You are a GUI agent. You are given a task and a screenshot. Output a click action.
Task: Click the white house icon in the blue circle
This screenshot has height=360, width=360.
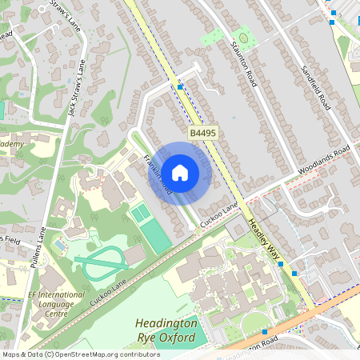click(x=180, y=172)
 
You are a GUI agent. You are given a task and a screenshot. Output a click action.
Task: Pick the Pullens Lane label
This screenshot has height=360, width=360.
click(x=42, y=257)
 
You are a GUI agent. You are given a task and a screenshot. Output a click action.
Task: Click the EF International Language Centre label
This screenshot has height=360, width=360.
click(x=58, y=304)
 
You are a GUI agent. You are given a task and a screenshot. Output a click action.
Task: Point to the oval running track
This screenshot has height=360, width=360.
click(x=99, y=261)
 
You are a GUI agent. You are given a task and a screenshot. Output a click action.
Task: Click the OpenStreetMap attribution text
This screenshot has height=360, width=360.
click(x=80, y=354)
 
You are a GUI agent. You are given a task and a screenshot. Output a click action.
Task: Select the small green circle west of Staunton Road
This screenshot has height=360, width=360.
click(x=244, y=34)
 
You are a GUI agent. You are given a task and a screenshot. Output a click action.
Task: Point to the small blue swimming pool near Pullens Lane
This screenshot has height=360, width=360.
click(x=60, y=244)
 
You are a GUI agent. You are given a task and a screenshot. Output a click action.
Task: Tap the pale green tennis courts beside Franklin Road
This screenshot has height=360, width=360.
click(x=139, y=213)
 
